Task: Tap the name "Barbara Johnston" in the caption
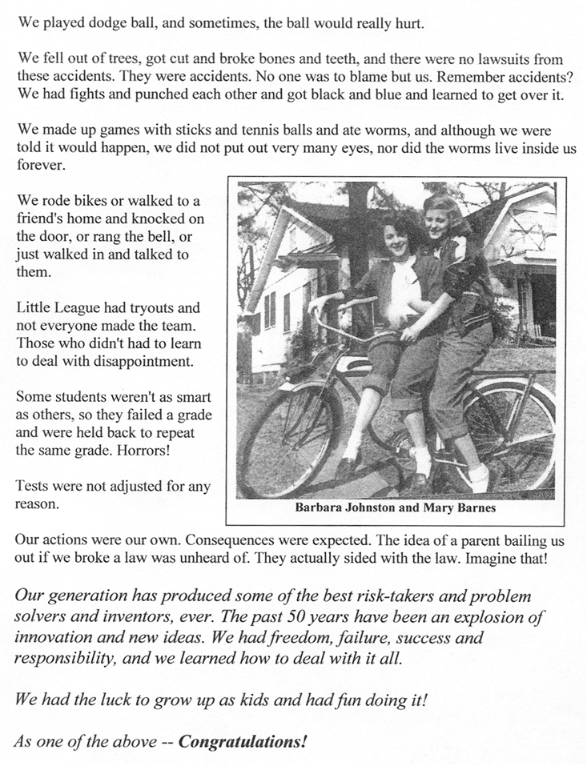(346, 507)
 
